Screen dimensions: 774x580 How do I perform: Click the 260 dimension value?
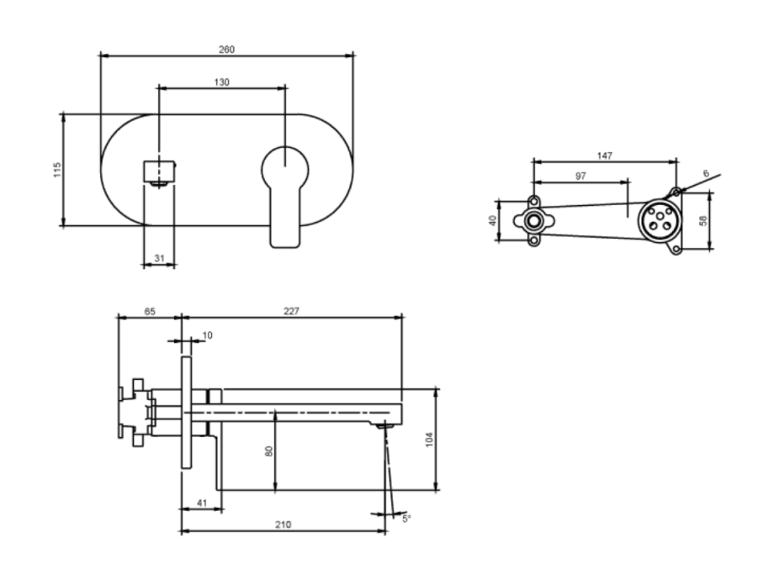click(226, 50)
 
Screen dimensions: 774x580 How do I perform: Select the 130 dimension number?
click(221, 82)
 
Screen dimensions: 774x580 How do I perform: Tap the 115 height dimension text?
click(58, 170)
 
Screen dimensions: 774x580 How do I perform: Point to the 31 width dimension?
click(159, 258)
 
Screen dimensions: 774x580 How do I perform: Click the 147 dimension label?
click(605, 156)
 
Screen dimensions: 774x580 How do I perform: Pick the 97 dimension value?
click(581, 176)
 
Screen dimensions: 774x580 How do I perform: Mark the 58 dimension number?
click(703, 220)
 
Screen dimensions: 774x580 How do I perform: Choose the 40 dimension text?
click(493, 220)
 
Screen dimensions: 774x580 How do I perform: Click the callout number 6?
click(706, 174)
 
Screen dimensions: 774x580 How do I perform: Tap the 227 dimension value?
click(291, 311)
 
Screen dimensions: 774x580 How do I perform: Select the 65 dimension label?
click(150, 311)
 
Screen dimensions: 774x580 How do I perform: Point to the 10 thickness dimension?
click(207, 335)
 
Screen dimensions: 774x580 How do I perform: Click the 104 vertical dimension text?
click(429, 440)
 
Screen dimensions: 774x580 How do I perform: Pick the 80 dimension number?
click(269, 451)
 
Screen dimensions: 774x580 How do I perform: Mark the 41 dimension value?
click(202, 503)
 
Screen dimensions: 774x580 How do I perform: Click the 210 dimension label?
click(283, 525)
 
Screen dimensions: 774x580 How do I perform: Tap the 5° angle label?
click(406, 519)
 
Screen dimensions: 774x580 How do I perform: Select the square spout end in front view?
click(159, 171)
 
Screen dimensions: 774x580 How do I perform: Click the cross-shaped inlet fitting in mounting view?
click(533, 220)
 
